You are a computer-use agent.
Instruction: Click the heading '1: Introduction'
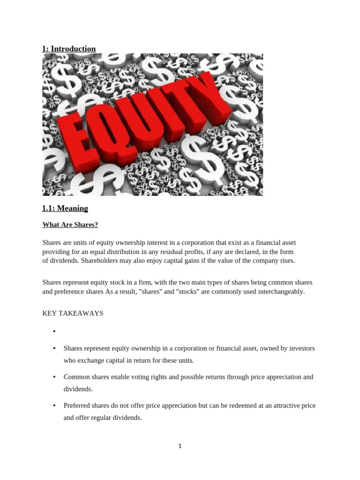pyautogui.click(x=69, y=49)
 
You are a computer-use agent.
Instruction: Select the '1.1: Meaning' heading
pyautogui.click(x=65, y=208)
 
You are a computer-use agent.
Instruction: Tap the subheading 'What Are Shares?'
pyautogui.click(x=70, y=225)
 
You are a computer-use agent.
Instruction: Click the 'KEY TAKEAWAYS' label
pyautogui.click(x=73, y=313)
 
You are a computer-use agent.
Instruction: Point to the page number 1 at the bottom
pyautogui.click(x=180, y=446)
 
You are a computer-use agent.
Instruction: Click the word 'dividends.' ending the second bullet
pyautogui.click(x=78, y=389)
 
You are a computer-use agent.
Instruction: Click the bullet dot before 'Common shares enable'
pyautogui.click(x=54, y=377)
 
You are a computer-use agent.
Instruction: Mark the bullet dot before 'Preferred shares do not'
pyautogui.click(x=54, y=405)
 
